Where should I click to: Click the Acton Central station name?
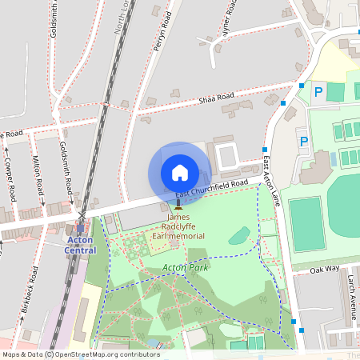[80, 245]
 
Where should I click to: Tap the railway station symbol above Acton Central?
[81, 227]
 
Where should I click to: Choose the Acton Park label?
[185, 268]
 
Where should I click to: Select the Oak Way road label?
[325, 270]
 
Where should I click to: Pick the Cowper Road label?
[10, 178]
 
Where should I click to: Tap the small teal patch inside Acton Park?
[238, 235]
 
